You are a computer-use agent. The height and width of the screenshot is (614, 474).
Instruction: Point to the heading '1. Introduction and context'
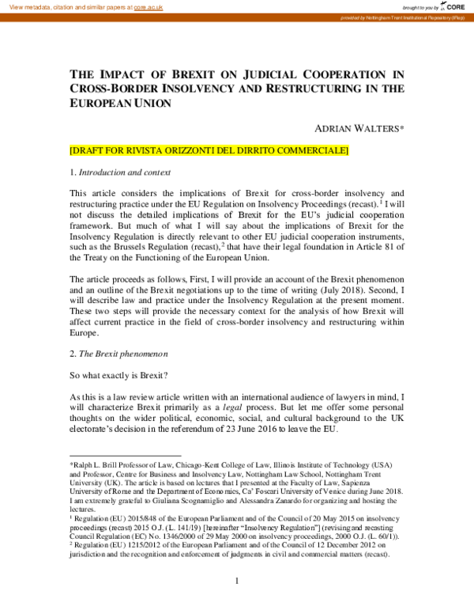(120, 172)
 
